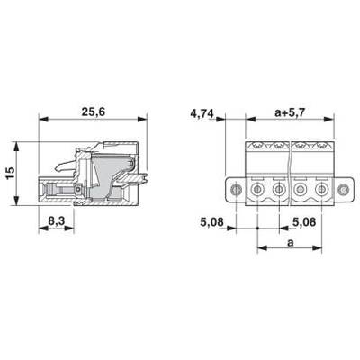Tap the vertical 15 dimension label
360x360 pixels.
click(x=10, y=173)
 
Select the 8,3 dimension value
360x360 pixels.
click(x=57, y=221)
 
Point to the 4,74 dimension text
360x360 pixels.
click(x=202, y=114)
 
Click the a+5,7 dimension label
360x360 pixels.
click(x=290, y=112)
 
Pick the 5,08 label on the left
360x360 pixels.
click(x=212, y=222)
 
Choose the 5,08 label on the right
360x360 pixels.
click(x=304, y=222)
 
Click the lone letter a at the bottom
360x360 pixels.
click(x=290, y=242)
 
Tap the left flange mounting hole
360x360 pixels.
click(x=236, y=190)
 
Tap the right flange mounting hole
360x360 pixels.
click(x=342, y=190)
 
